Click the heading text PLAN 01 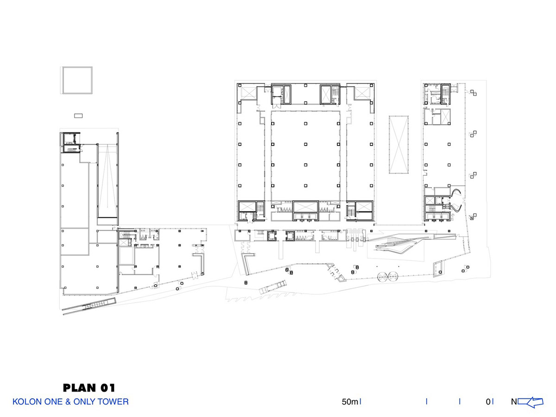tap(88, 388)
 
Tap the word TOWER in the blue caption tap(113, 402)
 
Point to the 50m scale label tap(350, 402)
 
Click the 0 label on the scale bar tap(488, 402)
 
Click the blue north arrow tap(530, 402)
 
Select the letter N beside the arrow tap(514, 402)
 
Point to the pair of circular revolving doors tap(387, 276)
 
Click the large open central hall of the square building tap(305, 155)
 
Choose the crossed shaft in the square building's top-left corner tap(248, 93)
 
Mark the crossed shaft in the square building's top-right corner tap(362, 93)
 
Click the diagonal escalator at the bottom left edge tap(89, 307)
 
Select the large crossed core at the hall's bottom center tap(305, 207)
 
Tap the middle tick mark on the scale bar tap(427, 401)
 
